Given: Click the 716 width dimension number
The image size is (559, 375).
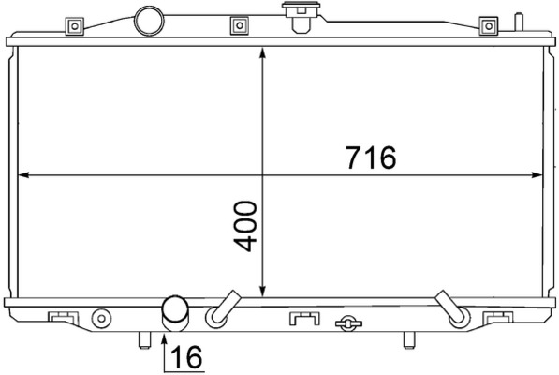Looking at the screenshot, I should pos(370,157).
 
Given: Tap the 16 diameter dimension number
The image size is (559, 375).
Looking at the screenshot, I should pos(187,356).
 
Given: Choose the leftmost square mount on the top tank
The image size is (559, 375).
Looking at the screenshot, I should pos(72,25).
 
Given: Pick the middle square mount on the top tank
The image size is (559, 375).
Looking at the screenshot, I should pos(238,24).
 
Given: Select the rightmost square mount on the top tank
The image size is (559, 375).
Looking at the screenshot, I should pos(487,25).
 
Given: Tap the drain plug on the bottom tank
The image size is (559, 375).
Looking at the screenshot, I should pos(348,323).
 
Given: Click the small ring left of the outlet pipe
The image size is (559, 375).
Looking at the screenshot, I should pos(101,320).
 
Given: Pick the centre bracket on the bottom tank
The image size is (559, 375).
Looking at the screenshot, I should pos(303,319).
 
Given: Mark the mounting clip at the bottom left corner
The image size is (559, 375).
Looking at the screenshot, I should pos(62,317).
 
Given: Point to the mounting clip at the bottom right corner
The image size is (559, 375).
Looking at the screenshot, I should pos(493,317).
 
